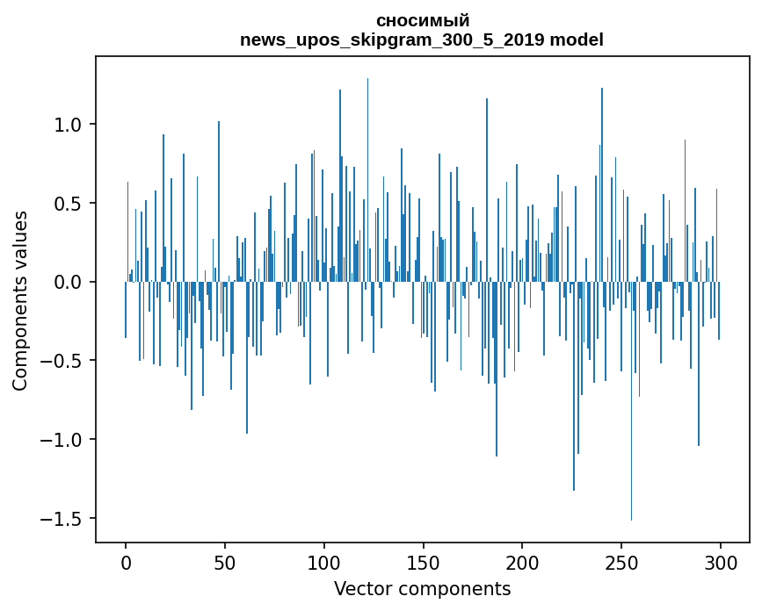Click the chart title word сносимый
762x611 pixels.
tap(422, 20)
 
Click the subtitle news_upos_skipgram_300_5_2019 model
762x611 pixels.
tap(422, 40)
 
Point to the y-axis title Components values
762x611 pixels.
tap(19, 300)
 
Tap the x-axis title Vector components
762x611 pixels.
tap(422, 588)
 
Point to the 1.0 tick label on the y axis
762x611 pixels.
tap(68, 125)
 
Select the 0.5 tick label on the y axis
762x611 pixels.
tap(68, 204)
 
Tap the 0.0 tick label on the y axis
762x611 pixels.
tap(68, 282)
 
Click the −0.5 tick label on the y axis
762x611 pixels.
tap(62, 361)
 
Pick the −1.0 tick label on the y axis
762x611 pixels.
tap(62, 440)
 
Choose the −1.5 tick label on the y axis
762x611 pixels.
tap(62, 518)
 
